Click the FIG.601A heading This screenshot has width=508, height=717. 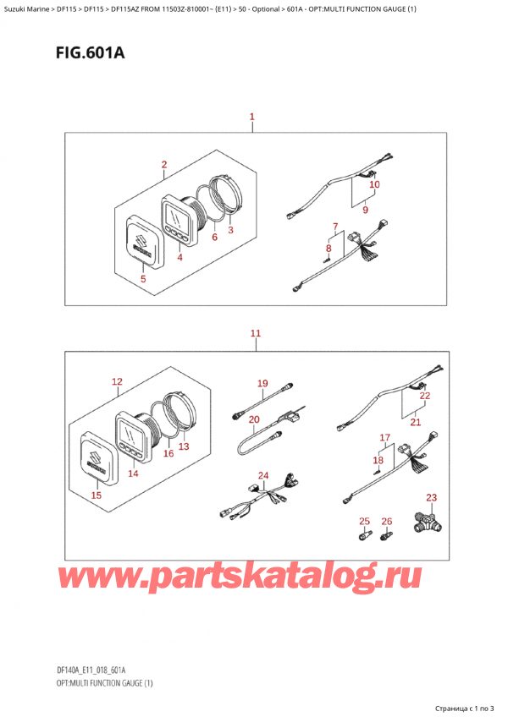[90, 53]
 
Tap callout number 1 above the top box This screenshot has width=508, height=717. [252, 117]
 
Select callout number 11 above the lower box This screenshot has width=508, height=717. [256, 333]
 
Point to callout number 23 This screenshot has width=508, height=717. [432, 497]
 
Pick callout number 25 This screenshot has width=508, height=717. [364, 522]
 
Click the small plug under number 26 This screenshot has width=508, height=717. [386, 535]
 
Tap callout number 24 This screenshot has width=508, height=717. [263, 475]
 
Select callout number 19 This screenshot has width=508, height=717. [262, 383]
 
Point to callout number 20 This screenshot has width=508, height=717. [254, 419]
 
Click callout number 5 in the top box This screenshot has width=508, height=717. [143, 278]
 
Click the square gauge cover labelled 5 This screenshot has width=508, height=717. [143, 242]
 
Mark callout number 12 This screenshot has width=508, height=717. [118, 381]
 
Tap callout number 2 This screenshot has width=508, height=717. [164, 165]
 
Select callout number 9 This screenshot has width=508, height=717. [365, 211]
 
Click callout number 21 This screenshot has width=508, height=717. [416, 422]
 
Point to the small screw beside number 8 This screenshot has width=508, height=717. [326, 260]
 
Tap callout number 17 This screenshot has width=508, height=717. [384, 438]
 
